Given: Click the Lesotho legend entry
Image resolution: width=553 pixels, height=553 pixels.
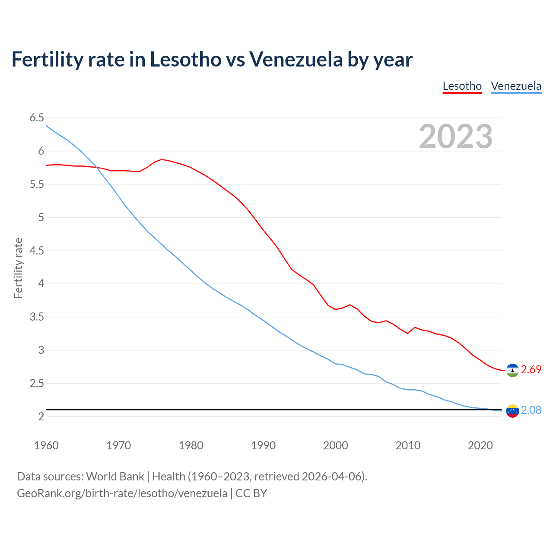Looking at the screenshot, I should pyautogui.click(x=462, y=86).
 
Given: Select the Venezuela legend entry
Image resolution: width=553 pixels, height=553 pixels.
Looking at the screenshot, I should pyautogui.click(x=516, y=86).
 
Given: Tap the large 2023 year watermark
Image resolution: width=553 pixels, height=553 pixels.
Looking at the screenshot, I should pyautogui.click(x=455, y=137).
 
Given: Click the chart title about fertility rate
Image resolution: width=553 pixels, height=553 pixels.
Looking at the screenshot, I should pyautogui.click(x=212, y=59).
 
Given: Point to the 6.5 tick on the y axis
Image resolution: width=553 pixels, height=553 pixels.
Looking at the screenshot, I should pyautogui.click(x=37, y=118).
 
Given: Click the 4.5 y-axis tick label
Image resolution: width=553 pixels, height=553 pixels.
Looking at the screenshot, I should pyautogui.click(x=37, y=251).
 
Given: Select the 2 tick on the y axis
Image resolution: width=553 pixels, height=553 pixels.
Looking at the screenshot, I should pyautogui.click(x=41, y=416).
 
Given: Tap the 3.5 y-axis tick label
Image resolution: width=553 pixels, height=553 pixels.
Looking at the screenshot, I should pyautogui.click(x=37, y=317).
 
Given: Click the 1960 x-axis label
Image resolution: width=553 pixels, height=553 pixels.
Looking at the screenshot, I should pyautogui.click(x=46, y=445).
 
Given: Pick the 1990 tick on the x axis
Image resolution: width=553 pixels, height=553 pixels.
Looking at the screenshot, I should pyautogui.click(x=263, y=445).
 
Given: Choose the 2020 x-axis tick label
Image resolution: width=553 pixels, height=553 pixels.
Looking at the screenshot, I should pyautogui.click(x=480, y=445).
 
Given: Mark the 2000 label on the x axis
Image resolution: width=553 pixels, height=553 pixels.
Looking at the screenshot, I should pyautogui.click(x=335, y=445).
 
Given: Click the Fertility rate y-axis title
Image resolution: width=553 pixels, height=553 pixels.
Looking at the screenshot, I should pyautogui.click(x=18, y=268).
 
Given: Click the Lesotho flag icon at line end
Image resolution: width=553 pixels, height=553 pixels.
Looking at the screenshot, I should pyautogui.click(x=512, y=370).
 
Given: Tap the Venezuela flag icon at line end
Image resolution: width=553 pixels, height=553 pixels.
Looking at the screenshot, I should pyautogui.click(x=512, y=411).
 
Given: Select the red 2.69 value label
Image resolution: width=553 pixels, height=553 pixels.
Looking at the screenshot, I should pyautogui.click(x=531, y=370).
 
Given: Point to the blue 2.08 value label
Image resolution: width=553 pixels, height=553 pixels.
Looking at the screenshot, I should pyautogui.click(x=531, y=410).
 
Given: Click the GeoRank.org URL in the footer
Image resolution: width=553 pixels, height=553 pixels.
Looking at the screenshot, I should pyautogui.click(x=122, y=493).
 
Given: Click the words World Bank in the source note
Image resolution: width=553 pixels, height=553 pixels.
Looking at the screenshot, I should pyautogui.click(x=115, y=477).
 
